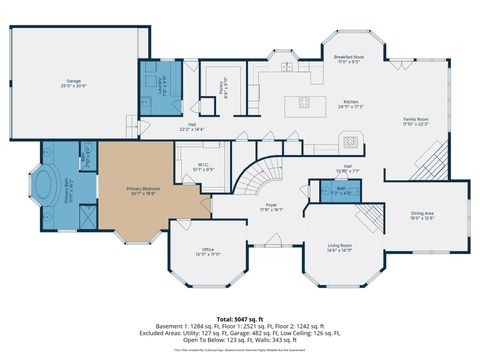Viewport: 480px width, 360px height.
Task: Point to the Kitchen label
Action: (350, 103)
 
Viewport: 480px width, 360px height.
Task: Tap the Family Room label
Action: (416, 121)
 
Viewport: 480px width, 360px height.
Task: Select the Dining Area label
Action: (423, 214)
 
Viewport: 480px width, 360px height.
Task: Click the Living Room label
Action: (340, 247)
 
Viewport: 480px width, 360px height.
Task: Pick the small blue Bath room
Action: (342, 189)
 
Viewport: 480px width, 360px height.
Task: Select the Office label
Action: (208, 251)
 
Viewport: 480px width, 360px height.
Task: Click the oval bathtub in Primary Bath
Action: (47, 189)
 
